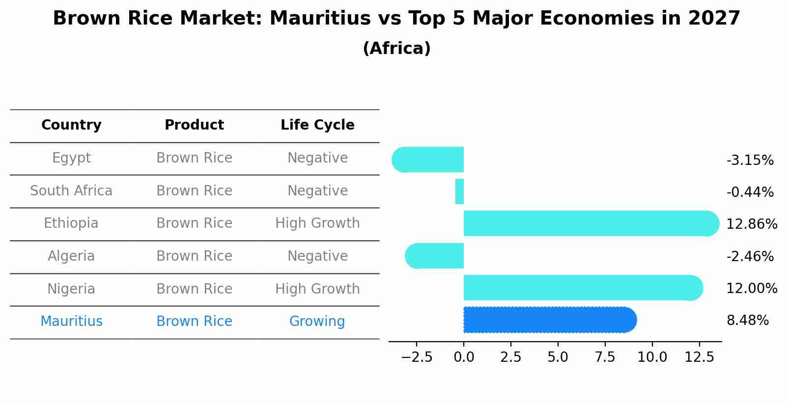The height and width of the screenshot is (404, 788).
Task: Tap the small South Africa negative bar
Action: click(459, 191)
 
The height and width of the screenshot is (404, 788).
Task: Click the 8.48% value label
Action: click(747, 321)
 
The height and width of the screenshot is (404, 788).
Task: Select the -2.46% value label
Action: click(750, 256)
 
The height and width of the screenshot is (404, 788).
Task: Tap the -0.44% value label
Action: click(750, 192)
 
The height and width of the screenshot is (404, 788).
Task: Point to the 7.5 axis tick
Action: click(605, 357)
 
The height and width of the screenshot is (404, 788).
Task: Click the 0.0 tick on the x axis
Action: click(464, 357)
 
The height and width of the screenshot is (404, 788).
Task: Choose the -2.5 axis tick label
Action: click(417, 357)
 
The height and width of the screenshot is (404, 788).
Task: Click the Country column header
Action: click(71, 125)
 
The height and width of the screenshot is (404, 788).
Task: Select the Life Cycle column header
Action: click(317, 125)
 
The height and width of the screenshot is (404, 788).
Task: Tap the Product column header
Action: click(194, 125)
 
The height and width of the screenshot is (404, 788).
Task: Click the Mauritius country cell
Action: click(71, 322)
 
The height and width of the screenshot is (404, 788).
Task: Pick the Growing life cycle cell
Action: click(317, 322)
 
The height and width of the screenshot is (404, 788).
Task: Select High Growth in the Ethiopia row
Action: click(317, 223)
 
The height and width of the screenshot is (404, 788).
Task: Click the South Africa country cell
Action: click(71, 191)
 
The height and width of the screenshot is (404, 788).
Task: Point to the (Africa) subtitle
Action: click(396, 49)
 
